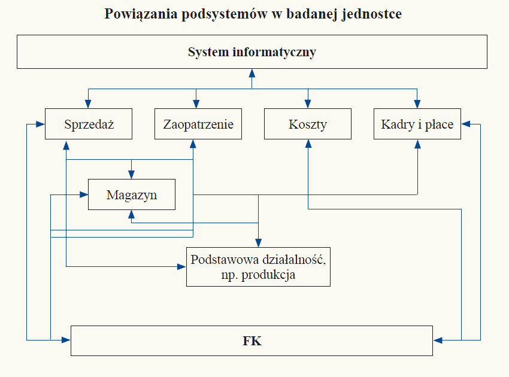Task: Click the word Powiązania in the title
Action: point(141,14)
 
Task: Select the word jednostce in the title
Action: point(372,14)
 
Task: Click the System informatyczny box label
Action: point(252,52)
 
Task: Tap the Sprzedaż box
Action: point(89,124)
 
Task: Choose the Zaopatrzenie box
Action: point(198,124)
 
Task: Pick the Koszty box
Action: point(308,124)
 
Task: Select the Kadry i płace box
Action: point(417,124)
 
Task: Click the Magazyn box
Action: point(132,194)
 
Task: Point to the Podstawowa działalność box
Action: point(259,267)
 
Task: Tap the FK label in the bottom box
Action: point(252,341)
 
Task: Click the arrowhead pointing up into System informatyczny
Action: point(252,73)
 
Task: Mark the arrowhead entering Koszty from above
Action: point(308,104)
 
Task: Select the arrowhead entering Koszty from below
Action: point(308,144)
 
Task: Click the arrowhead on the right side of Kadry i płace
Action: point(466,124)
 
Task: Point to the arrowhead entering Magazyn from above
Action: point(132,175)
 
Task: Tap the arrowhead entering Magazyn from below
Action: point(132,214)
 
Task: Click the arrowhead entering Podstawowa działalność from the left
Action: point(181,267)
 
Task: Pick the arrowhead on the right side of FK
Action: point(438,340)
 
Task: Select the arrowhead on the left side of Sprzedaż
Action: point(40,124)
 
